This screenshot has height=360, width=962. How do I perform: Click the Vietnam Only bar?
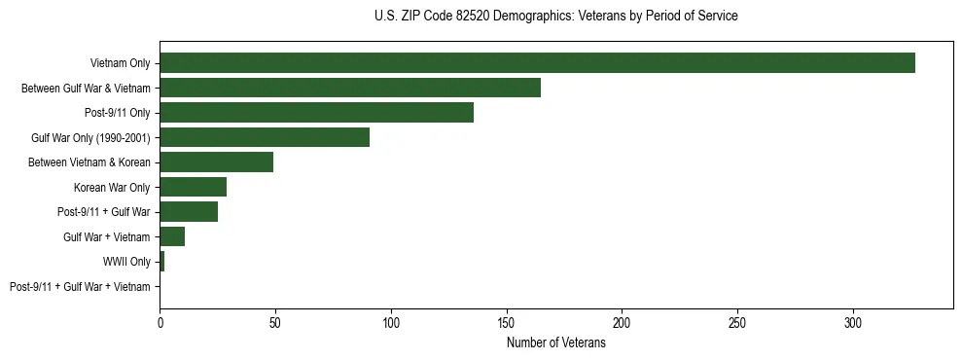(x=537, y=63)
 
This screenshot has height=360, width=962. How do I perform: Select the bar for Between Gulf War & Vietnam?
(x=350, y=88)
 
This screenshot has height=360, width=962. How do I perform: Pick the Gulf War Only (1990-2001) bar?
(x=265, y=137)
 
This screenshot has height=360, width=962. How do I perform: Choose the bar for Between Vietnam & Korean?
(x=216, y=162)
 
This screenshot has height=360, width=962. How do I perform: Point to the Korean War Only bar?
(x=193, y=187)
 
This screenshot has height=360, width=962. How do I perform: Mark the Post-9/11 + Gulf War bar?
(x=189, y=212)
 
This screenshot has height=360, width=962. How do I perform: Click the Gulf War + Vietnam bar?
(x=172, y=236)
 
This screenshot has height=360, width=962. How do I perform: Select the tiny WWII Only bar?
(x=161, y=262)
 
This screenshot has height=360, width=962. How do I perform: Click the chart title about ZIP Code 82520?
(x=555, y=17)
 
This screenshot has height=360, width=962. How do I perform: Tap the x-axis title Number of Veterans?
(x=555, y=343)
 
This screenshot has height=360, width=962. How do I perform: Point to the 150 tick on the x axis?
(x=506, y=321)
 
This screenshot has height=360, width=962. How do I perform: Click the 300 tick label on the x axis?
(x=853, y=321)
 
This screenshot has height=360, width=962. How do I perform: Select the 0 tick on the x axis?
(x=160, y=321)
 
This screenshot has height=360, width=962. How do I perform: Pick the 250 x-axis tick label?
(x=737, y=321)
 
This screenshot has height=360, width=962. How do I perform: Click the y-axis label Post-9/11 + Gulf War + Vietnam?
(x=80, y=287)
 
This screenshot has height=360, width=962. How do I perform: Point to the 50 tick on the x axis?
(x=275, y=321)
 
